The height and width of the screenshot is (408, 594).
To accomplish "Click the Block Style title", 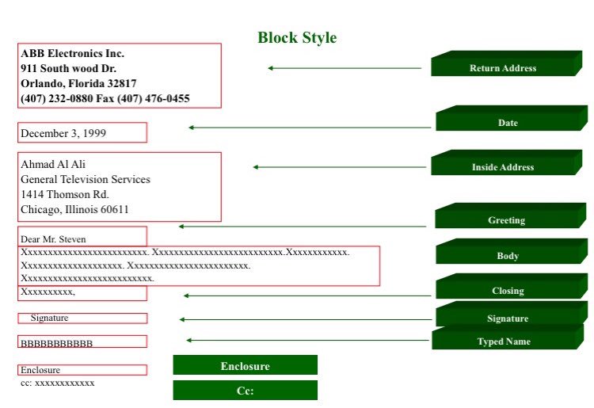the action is pos(297,37).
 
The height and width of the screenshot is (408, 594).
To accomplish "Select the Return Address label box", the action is pos(507,63).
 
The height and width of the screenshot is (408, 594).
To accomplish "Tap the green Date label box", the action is pos(512,118).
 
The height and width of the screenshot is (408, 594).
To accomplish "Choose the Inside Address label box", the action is pos(507,162).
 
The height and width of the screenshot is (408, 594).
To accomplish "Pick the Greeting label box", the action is pos(510,215).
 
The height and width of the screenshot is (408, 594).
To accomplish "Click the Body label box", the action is pos(512,251).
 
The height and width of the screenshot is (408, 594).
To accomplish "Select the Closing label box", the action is pos(512,286).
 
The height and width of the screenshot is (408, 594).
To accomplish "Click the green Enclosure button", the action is pos(245,364).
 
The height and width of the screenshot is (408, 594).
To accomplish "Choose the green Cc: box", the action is pos(245,391).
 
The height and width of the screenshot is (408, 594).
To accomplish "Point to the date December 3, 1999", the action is pos(63,133).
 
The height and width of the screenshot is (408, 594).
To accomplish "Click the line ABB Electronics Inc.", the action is pos(72,53).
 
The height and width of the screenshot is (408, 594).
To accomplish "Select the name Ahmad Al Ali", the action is pos(53,164).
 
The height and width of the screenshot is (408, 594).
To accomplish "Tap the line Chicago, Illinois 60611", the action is pos(74,209).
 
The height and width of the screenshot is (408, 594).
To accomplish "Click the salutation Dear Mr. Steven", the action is pos(53,239).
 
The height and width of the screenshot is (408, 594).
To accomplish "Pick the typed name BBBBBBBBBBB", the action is pos(56,344).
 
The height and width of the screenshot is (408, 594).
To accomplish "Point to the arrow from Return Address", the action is pos(345,68).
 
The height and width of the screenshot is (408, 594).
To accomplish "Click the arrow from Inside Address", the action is pos(340,167).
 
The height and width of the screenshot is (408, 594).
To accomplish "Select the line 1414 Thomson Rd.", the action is pos(65,194).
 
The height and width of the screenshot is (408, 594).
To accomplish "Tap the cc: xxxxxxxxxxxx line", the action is pos(58,383).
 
